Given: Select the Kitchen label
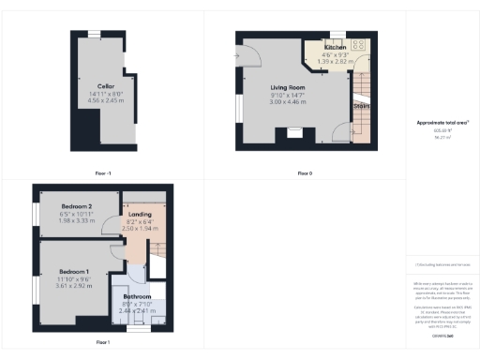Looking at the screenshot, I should [x=335, y=47].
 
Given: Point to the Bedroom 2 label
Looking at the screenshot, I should [x=77, y=206].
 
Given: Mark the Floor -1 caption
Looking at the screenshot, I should [x=102, y=173].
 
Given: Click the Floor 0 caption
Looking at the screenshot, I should [x=305, y=173].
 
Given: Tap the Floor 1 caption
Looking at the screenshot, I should [x=102, y=342].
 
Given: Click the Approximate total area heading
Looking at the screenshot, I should [x=443, y=124].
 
